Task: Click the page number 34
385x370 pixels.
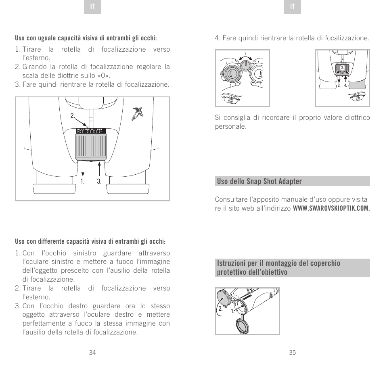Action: click(x=92, y=353)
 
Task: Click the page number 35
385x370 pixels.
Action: click(x=293, y=353)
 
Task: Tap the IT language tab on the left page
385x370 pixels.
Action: click(x=92, y=7)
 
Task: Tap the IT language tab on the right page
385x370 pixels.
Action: click(x=293, y=7)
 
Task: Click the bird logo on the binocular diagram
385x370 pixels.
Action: click(x=138, y=113)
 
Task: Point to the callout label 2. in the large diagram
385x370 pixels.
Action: click(x=73, y=116)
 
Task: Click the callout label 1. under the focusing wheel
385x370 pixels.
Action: click(x=82, y=182)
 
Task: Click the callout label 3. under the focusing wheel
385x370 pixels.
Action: click(x=99, y=182)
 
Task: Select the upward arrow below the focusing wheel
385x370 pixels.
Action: click(x=99, y=168)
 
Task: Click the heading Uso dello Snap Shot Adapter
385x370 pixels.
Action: click(x=259, y=181)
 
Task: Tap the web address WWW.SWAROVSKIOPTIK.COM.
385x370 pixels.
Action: click(x=331, y=209)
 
